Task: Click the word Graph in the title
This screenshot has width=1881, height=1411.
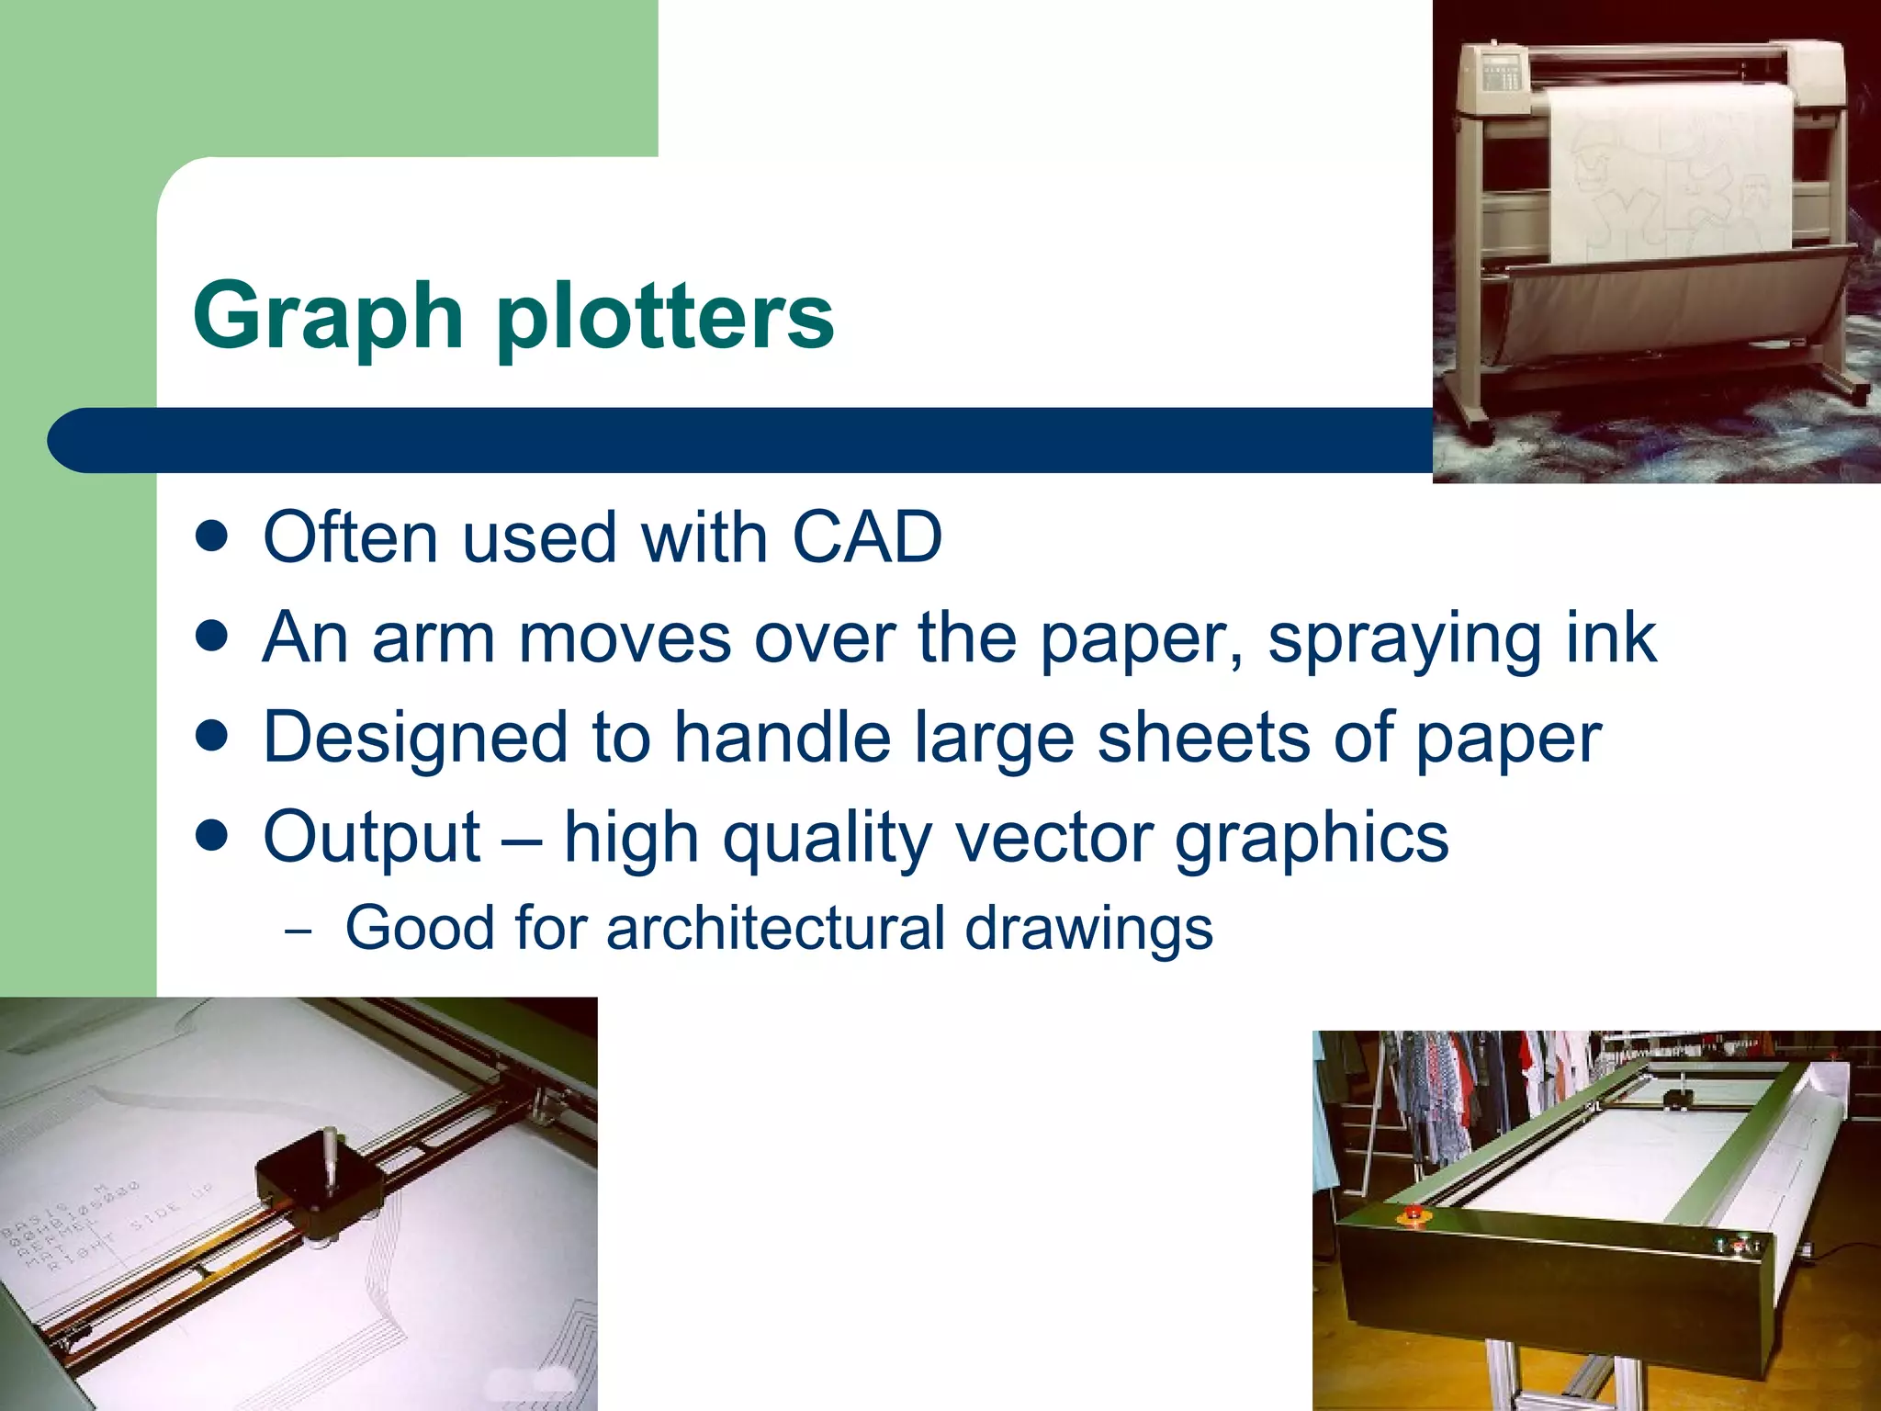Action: point(327,317)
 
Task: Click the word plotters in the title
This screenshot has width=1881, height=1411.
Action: point(665,317)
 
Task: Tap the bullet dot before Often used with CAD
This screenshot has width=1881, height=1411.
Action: point(212,536)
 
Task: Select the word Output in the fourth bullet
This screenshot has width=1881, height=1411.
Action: point(372,838)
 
